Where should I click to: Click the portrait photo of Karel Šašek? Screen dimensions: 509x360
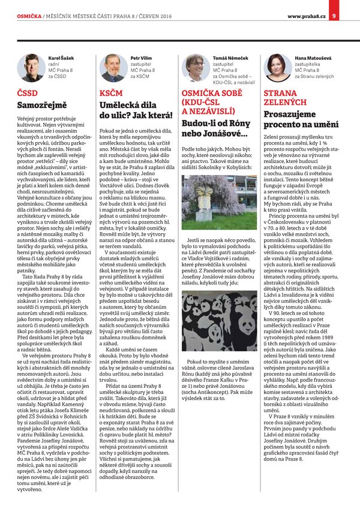30,68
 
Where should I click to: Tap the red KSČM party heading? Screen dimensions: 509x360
112,94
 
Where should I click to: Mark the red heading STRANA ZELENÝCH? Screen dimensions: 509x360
281,98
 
